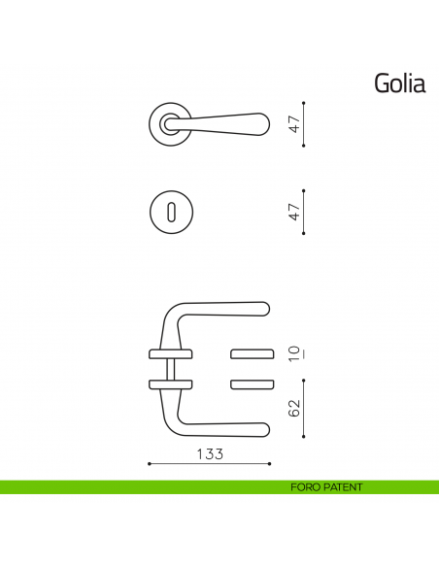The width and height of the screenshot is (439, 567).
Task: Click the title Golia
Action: (399, 83)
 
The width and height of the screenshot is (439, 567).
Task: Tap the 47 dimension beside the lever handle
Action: (295, 123)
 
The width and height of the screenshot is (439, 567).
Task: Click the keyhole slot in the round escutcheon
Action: (170, 212)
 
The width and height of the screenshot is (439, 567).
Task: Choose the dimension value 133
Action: (210, 454)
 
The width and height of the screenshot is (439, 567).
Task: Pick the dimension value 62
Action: (295, 408)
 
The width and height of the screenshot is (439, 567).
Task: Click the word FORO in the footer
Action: (306, 487)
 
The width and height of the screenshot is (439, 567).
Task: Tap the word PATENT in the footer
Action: (343, 487)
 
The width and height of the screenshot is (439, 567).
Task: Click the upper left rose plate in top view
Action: (166, 352)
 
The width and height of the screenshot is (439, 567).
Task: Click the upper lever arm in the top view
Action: (223, 309)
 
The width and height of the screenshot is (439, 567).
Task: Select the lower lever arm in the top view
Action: (223, 428)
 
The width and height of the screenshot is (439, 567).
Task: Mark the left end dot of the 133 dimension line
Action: (149, 464)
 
